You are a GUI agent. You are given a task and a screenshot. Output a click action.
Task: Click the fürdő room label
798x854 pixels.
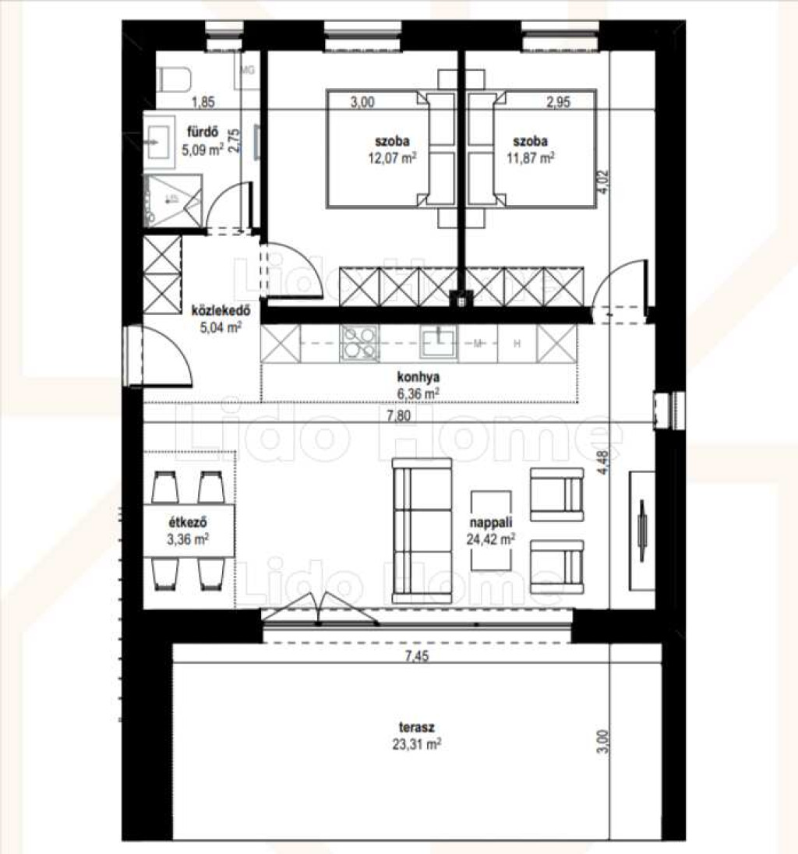[203, 132]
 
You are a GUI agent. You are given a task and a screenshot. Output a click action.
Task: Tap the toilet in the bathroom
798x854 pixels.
[174, 79]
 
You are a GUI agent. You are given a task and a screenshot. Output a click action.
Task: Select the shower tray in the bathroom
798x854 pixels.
[173, 200]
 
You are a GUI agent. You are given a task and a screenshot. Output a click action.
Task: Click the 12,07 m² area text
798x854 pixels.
[392, 158]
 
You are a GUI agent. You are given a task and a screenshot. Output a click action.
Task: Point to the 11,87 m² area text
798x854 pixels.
[530, 158]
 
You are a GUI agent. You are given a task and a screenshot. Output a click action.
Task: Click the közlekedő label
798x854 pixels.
[221, 310]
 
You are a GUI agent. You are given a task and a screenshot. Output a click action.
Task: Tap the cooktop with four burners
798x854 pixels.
[358, 343]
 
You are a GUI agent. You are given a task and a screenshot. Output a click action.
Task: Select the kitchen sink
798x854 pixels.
[439, 341]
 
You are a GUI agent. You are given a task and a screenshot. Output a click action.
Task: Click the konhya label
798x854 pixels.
[418, 377]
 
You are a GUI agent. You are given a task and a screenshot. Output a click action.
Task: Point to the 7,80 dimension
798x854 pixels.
[399, 415]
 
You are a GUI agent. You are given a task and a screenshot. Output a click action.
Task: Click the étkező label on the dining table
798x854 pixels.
[187, 522]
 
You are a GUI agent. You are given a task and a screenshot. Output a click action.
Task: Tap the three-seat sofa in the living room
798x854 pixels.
[422, 531]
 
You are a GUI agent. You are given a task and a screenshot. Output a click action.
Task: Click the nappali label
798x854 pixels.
[491, 522]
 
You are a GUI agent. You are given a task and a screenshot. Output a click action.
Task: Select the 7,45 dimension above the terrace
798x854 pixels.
[417, 656]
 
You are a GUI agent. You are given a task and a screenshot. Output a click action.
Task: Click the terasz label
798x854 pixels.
[417, 727]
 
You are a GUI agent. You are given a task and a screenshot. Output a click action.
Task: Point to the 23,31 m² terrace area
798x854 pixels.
[417, 744]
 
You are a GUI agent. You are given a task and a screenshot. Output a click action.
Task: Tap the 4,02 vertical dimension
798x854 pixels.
[603, 182]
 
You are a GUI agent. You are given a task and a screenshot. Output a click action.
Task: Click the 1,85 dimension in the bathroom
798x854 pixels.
[203, 102]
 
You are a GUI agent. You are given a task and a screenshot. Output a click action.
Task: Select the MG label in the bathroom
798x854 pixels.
[247, 69]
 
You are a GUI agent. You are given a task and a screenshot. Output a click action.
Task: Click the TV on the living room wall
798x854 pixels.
[642, 531]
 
